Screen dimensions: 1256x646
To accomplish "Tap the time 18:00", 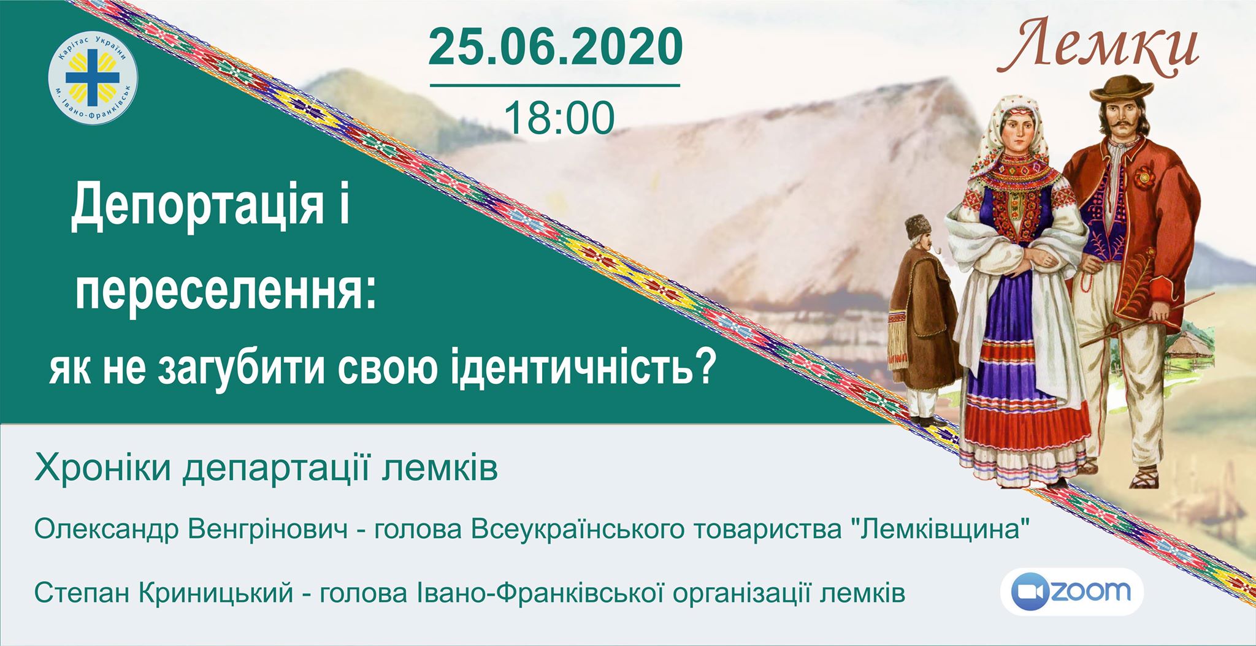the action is tap(559, 118).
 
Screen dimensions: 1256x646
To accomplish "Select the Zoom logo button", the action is tap(1072, 591).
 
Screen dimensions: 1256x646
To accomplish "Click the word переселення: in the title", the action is tap(224, 288).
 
